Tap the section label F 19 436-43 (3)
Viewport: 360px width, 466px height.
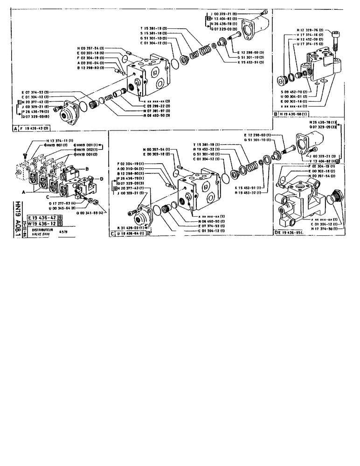31,128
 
